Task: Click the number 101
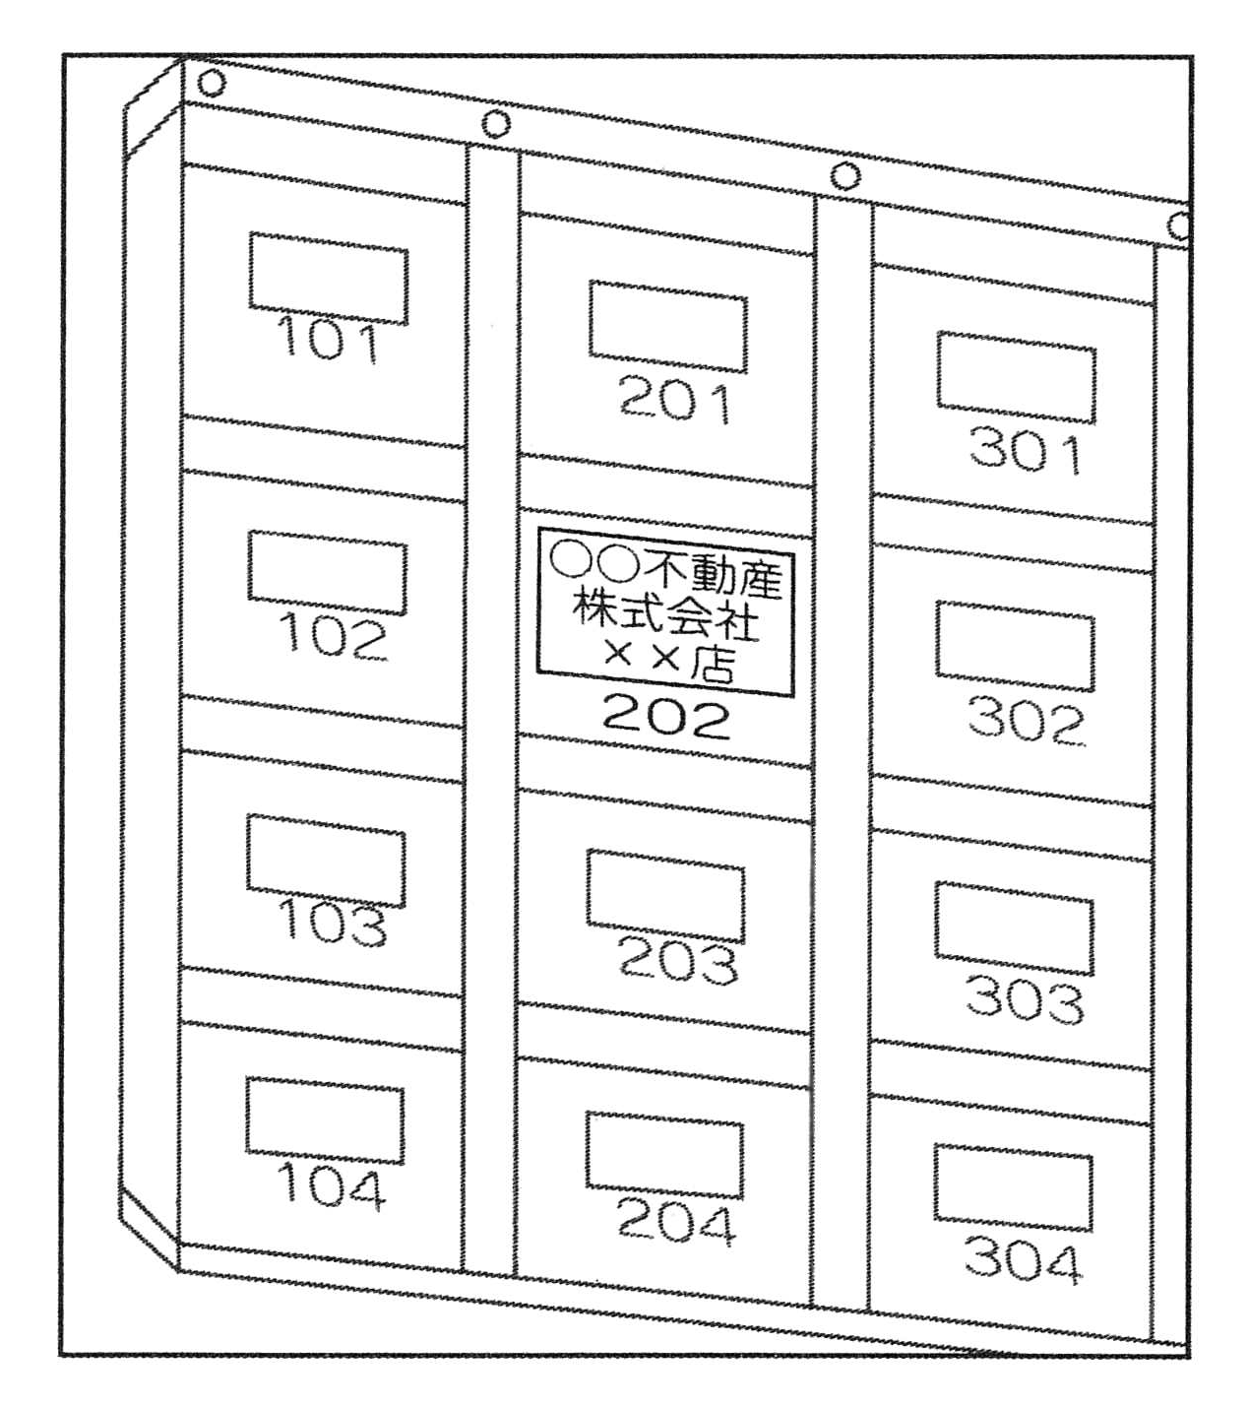[328, 340]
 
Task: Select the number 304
[1022, 1261]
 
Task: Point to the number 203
[677, 961]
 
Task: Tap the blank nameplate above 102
[328, 573]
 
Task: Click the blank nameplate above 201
[668, 326]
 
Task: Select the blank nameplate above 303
[1014, 928]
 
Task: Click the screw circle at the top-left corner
[211, 84]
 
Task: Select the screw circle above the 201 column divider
[495, 125]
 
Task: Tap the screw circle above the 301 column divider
[845, 175]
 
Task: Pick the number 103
[332, 923]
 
